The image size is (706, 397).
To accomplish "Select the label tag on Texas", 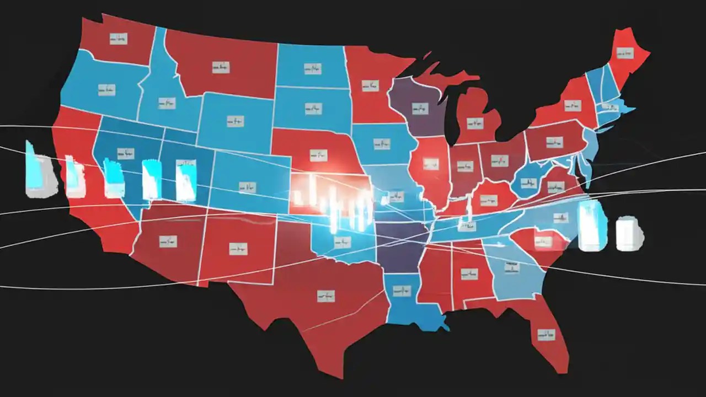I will pos(326,296).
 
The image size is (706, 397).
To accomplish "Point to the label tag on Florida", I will pos(546,334).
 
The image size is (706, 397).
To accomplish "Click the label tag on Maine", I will pos(625,53).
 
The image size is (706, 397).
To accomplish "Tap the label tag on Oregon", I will pos(107,89).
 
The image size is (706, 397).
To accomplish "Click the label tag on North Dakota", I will pos(312,69).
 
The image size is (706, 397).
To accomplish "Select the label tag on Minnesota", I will pos(370,86).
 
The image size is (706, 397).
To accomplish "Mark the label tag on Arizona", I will pos(167,241).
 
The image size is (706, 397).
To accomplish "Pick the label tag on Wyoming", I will pos(236,120).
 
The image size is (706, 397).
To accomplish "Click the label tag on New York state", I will pos(572,105).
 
